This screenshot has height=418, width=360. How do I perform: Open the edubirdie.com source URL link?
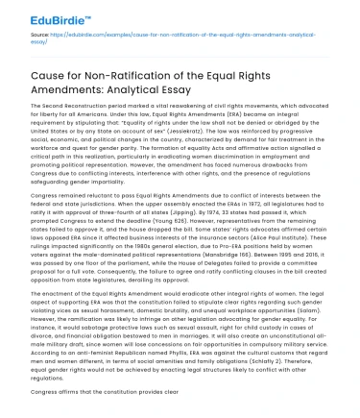192,34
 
